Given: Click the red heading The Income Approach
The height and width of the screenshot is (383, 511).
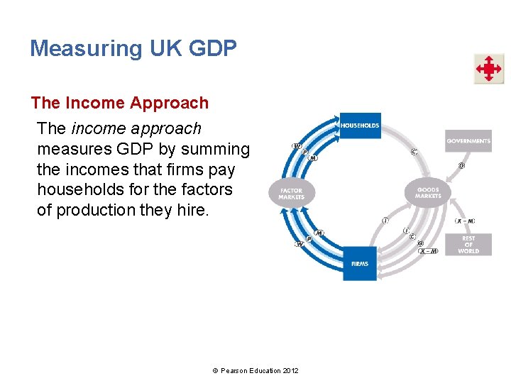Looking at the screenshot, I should (x=120, y=103).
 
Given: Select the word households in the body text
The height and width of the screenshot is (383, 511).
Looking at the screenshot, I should (x=76, y=190).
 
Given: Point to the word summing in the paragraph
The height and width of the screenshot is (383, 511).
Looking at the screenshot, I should (x=216, y=150).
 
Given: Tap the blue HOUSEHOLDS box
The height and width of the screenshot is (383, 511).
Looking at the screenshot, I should (x=360, y=126).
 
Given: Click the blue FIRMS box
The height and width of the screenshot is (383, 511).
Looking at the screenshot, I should (x=360, y=263).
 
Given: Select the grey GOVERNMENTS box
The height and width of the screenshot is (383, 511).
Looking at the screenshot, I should (x=468, y=140).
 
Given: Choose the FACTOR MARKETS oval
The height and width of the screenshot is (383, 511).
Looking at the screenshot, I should (x=291, y=193).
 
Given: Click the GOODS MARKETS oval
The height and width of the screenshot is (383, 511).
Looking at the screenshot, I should (x=427, y=193).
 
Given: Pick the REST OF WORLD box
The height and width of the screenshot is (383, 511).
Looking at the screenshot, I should (x=468, y=245).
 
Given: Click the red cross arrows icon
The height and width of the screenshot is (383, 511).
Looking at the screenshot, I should (x=488, y=69).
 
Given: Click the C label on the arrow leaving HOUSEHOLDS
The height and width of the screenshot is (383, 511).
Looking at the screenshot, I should (x=414, y=151).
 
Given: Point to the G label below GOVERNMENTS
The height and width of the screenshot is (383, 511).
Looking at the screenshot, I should (x=461, y=166).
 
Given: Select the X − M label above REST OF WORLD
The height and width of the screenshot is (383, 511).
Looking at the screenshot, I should (x=466, y=221).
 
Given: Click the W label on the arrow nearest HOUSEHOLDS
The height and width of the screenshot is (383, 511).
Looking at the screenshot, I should (x=297, y=147).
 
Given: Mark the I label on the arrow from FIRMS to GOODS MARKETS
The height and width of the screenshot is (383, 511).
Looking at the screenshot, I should (x=385, y=221).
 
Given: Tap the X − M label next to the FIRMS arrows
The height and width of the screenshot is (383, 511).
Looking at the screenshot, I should (x=428, y=250).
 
